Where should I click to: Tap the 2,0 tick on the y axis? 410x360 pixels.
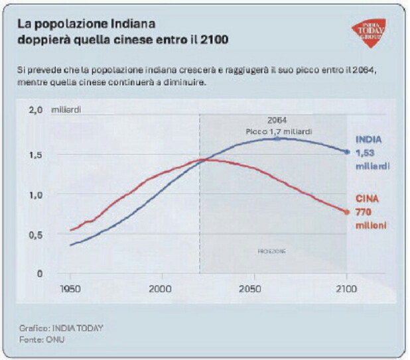pos(35,109)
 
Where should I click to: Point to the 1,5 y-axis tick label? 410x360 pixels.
pos(35,155)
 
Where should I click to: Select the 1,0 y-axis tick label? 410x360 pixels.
pos(35,195)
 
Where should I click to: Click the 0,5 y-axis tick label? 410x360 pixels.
pos(35,234)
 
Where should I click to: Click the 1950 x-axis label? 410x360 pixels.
pos(70,290)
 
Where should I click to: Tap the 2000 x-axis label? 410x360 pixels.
pos(161,290)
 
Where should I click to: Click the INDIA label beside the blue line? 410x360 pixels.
pos(368,140)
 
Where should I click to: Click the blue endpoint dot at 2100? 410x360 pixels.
pos(346,152)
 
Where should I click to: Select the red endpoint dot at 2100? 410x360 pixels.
pos(346,212)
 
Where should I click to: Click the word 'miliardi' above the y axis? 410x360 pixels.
pos(66,109)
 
